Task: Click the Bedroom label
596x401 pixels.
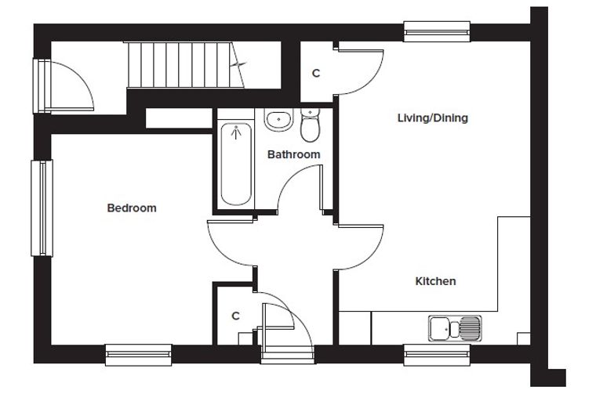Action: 132,208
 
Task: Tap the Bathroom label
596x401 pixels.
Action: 294,154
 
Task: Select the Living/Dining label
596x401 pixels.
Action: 433,118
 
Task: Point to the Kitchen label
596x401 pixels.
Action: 435,281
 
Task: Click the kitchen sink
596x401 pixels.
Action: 455,328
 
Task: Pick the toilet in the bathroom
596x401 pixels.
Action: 311,125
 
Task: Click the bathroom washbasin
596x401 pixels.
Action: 279,120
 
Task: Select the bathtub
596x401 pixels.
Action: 236,164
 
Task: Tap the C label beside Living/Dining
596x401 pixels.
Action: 316,74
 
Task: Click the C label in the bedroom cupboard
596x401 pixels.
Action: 236,316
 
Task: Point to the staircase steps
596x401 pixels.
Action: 186,65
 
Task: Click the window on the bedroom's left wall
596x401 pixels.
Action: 42,208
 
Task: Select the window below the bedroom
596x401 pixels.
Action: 138,355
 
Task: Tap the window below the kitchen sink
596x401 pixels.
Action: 437,355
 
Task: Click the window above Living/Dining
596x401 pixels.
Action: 437,31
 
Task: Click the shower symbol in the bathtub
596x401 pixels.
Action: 236,132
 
